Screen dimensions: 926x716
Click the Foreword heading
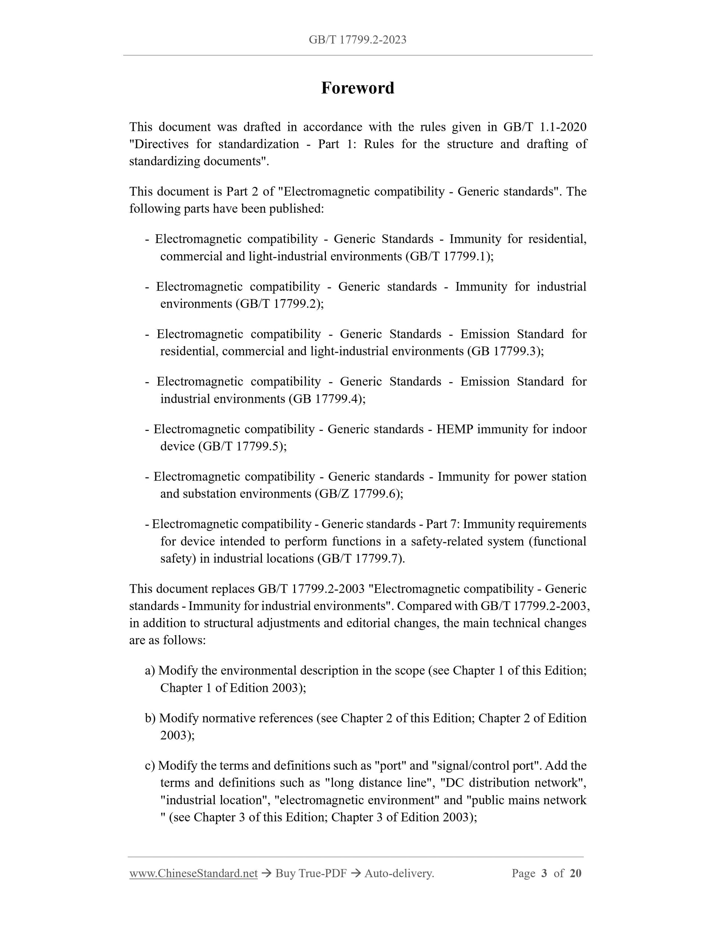click(x=358, y=88)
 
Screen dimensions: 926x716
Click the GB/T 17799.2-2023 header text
click(x=358, y=40)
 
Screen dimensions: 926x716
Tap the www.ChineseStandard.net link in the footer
click(x=194, y=873)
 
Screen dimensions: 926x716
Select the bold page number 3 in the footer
click(x=544, y=873)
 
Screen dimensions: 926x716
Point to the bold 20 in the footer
click(x=575, y=873)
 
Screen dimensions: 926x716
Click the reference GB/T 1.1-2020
click(x=545, y=127)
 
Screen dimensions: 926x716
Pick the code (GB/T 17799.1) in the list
click(x=449, y=256)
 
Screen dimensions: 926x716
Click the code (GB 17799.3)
click(x=505, y=351)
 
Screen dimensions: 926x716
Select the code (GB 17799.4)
click(x=327, y=399)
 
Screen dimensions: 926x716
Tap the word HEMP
click(x=454, y=429)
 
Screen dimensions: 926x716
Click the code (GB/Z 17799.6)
click(x=358, y=494)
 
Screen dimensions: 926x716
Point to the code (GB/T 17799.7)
click(x=361, y=558)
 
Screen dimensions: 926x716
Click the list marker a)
click(x=150, y=670)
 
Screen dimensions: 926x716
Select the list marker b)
click(x=150, y=718)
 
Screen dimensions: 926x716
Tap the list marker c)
click(x=150, y=765)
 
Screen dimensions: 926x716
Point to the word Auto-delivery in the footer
click(x=399, y=873)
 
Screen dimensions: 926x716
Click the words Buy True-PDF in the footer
click(x=311, y=873)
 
